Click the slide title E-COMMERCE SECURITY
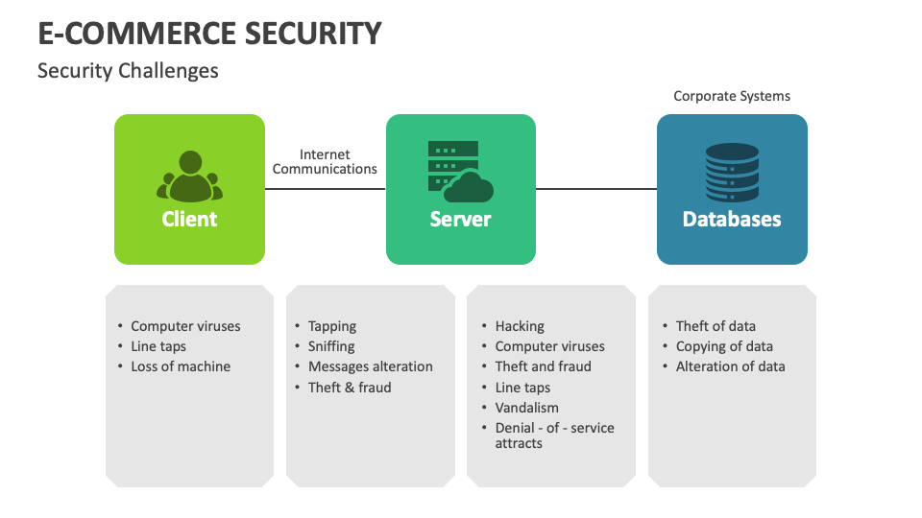tap(209, 34)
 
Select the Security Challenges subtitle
tap(128, 71)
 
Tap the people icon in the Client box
tap(189, 176)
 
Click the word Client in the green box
tap(189, 219)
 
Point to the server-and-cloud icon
tap(460, 172)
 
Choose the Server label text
tap(460, 219)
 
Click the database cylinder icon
tap(732, 173)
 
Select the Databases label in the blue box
tap(732, 219)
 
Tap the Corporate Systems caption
tap(732, 96)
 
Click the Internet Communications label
tap(325, 161)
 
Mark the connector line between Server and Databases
tap(595, 189)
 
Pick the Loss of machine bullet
tap(181, 366)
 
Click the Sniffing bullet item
tap(331, 346)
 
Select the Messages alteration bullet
tap(370, 366)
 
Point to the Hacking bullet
tap(520, 326)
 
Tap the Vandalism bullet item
tap(526, 408)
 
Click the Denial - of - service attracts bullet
tap(554, 436)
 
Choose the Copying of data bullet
tap(724, 346)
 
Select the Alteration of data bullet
tap(730, 366)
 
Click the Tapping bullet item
tap(332, 326)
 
